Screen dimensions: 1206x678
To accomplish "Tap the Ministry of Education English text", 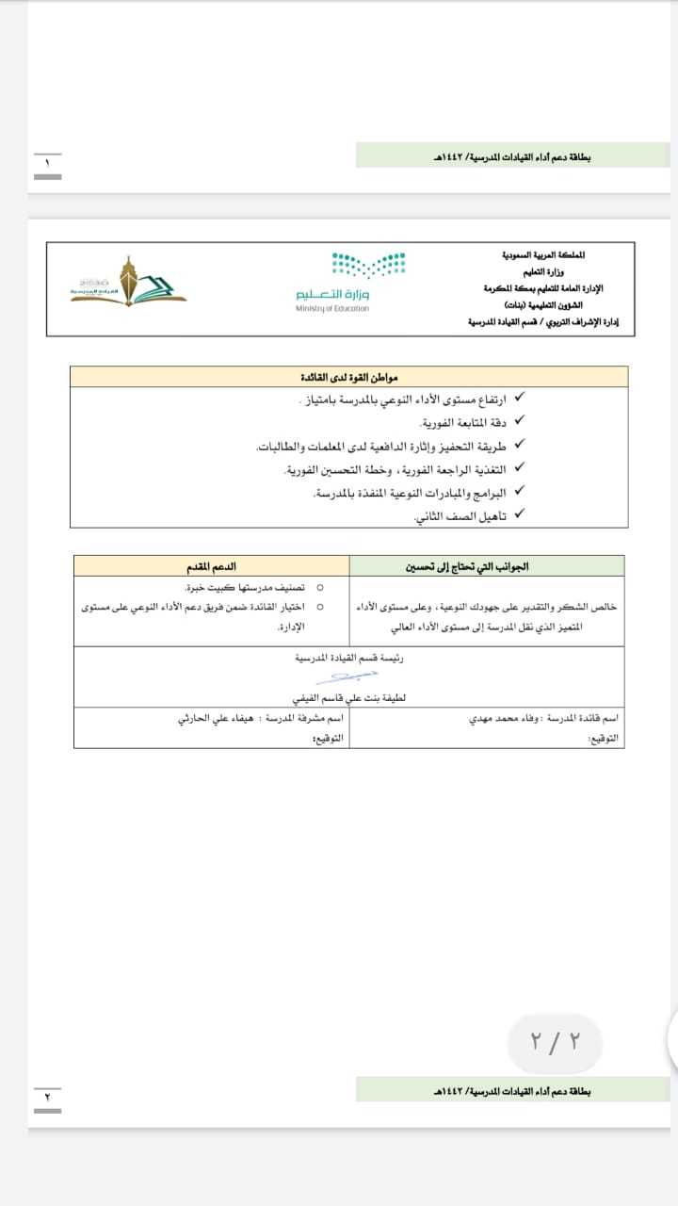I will pos(332,308).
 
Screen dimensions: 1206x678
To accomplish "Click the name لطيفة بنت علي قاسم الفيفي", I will pos(348,699).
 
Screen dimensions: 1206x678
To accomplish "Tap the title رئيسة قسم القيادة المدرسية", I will pos(350,659).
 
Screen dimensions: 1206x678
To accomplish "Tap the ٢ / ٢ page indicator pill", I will pos(555,1041).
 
